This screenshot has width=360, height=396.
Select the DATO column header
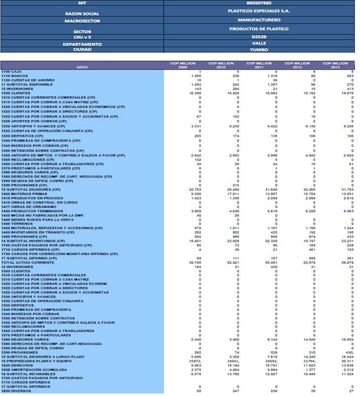click(82, 66)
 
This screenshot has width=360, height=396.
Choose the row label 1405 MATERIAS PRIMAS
click(21, 193)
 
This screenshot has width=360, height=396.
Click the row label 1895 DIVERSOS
click(16, 391)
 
